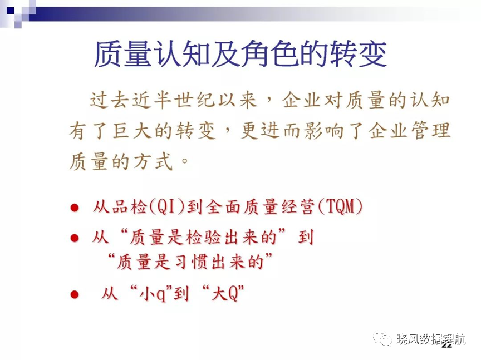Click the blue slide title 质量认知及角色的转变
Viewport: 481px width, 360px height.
(240, 55)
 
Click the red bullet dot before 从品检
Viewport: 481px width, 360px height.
(75, 208)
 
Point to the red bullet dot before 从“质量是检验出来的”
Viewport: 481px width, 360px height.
(75, 238)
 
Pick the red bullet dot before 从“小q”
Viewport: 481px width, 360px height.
(75, 294)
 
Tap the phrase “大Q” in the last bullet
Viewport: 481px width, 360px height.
(224, 293)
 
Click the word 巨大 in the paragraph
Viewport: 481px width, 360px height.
(132, 131)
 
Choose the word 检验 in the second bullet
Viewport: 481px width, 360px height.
(202, 238)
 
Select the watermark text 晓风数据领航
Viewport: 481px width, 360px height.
(431, 339)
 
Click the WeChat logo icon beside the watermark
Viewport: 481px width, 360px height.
(382, 339)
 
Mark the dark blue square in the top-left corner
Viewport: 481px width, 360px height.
(11, 11)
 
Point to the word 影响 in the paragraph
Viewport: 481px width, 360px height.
(323, 131)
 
